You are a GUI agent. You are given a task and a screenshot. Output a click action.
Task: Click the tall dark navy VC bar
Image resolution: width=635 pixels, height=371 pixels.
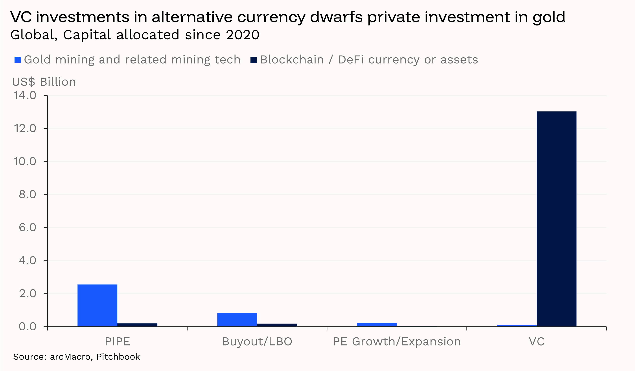pyautogui.click(x=556, y=219)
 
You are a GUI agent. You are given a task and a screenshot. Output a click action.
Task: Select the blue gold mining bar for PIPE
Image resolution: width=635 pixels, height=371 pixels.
pyautogui.click(x=97, y=305)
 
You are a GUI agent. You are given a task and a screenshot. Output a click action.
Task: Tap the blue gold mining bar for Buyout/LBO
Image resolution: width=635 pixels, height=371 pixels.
pyautogui.click(x=237, y=319)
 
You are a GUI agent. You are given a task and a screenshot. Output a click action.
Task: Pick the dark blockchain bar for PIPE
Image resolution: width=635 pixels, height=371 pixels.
pyautogui.click(x=137, y=325)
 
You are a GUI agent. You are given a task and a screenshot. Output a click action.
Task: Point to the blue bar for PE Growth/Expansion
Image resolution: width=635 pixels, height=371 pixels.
pyautogui.click(x=377, y=325)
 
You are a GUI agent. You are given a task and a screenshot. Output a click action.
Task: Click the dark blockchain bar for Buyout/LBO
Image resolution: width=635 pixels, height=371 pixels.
pyautogui.click(x=277, y=325)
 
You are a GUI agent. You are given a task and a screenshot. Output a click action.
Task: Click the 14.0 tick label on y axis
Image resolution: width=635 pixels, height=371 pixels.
pyautogui.click(x=25, y=95)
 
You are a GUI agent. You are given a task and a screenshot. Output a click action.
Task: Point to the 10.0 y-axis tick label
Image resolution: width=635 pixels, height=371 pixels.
pyautogui.click(x=25, y=161)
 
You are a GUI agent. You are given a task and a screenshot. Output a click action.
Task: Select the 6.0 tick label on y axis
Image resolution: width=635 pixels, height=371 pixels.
pyautogui.click(x=28, y=227)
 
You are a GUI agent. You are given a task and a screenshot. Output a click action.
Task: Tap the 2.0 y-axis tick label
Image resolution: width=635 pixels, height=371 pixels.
pyautogui.click(x=28, y=293)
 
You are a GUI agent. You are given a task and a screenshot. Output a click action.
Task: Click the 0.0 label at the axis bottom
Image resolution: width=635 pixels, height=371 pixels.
pyautogui.click(x=28, y=326)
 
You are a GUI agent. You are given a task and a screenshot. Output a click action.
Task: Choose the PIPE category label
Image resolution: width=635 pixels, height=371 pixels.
pyautogui.click(x=117, y=342)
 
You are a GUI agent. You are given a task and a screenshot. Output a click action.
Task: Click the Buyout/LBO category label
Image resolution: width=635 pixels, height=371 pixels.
pyautogui.click(x=257, y=342)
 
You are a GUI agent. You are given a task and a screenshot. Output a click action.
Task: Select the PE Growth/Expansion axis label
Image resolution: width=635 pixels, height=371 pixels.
pyautogui.click(x=397, y=342)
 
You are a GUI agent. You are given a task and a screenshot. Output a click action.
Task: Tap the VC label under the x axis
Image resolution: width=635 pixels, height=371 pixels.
pyautogui.click(x=536, y=342)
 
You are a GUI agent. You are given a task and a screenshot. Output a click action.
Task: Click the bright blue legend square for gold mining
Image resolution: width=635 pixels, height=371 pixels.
pyautogui.click(x=18, y=60)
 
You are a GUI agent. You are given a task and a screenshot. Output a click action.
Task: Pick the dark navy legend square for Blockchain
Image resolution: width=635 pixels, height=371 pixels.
pyautogui.click(x=254, y=60)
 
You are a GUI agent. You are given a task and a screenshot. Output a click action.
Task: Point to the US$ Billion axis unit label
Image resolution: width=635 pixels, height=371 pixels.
pyautogui.click(x=44, y=82)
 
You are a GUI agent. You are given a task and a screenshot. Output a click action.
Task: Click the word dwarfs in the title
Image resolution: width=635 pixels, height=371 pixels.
pyautogui.click(x=336, y=17)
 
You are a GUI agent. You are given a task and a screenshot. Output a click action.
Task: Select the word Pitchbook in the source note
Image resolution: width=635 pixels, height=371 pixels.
pyautogui.click(x=118, y=357)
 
